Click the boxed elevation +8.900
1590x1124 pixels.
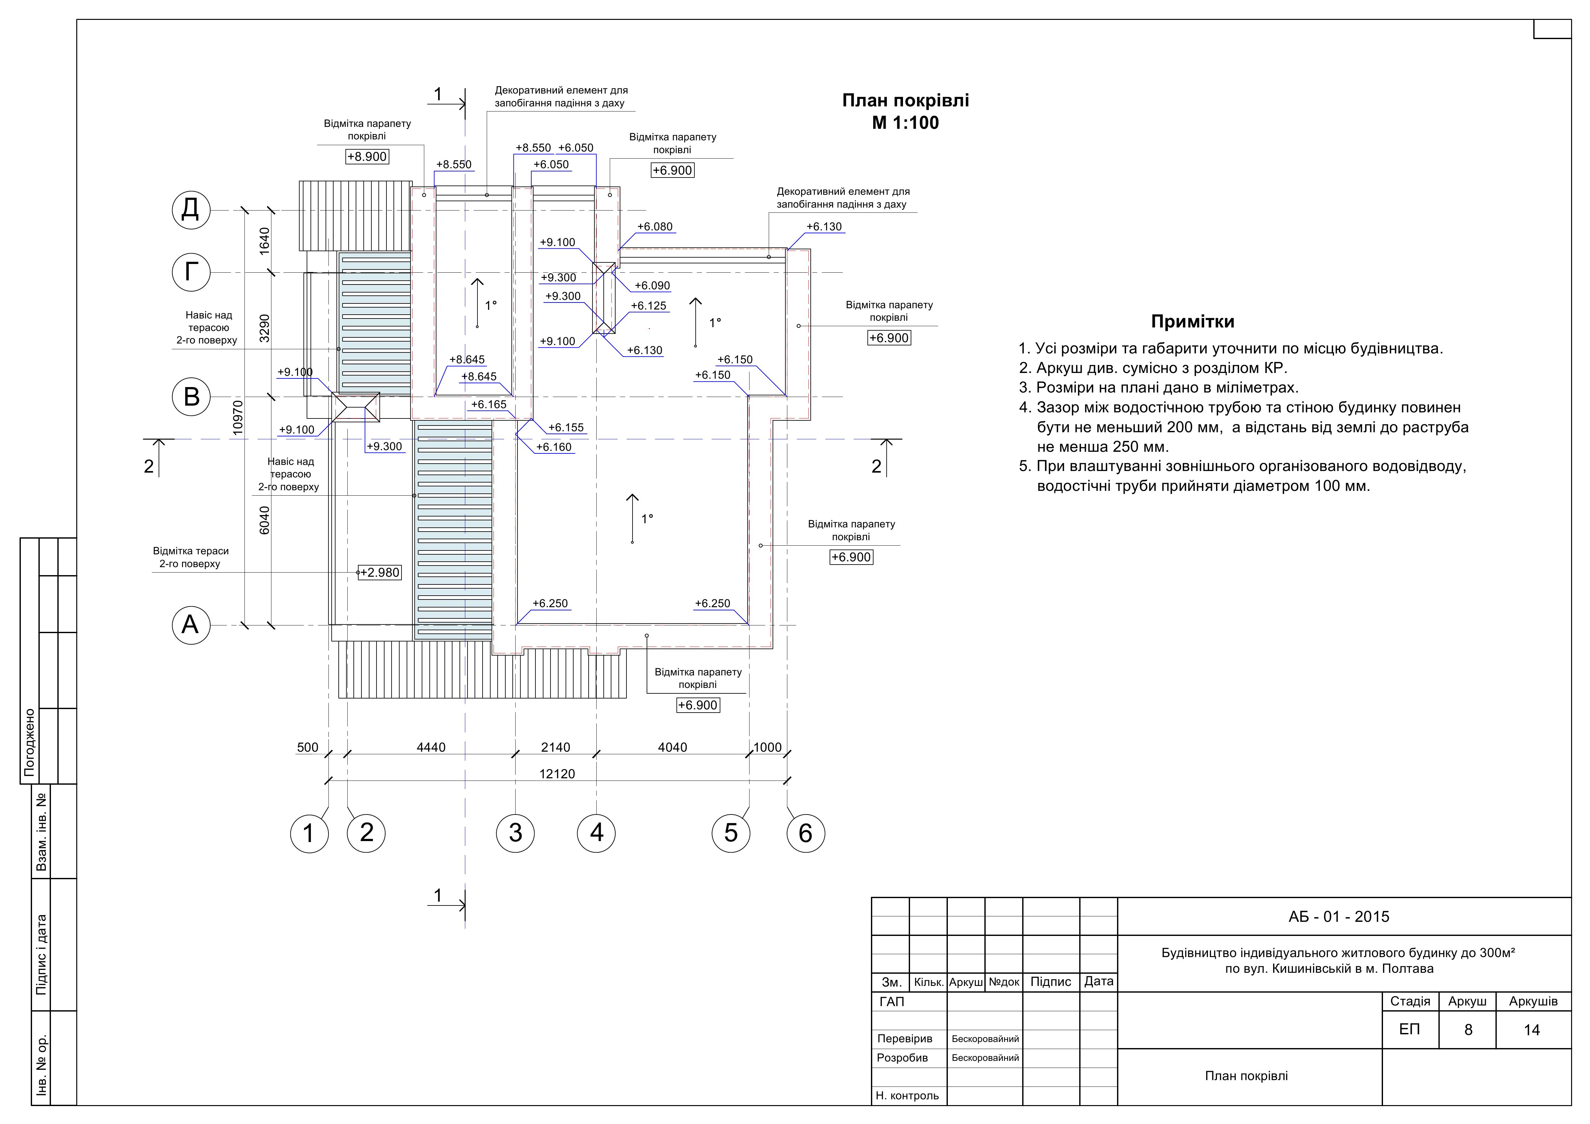pos(367,156)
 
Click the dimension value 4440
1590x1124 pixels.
pos(431,747)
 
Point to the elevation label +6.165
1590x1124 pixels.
pos(489,404)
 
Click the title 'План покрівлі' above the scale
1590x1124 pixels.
pos(905,100)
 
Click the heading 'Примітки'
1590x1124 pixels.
pos(1193,321)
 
